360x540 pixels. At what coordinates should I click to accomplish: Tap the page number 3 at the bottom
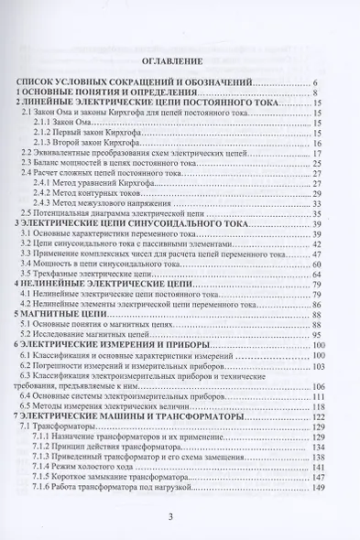(x=181, y=517)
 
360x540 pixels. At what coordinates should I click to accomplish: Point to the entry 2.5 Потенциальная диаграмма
(x=119, y=213)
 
